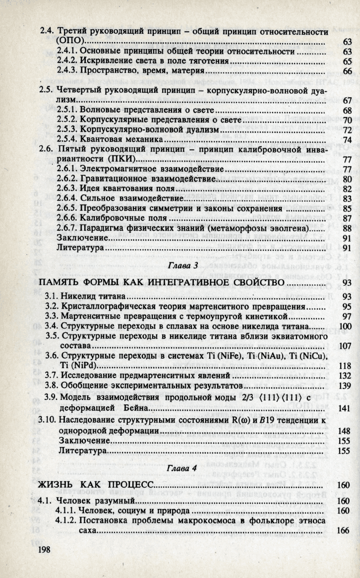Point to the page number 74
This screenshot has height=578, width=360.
(x=347, y=140)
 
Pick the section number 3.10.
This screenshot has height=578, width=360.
(x=47, y=421)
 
